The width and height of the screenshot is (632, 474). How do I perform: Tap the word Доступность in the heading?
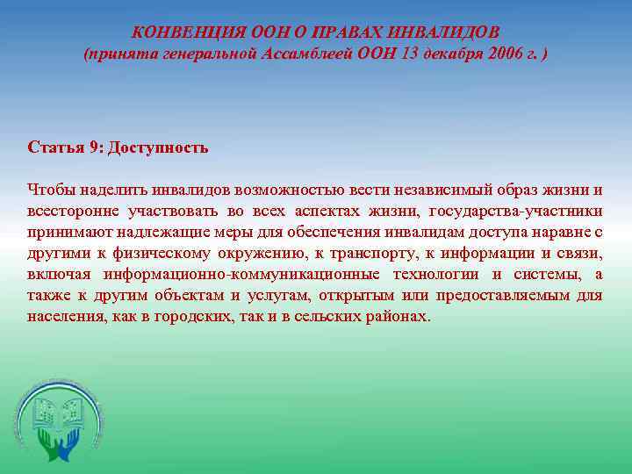click(157, 147)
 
